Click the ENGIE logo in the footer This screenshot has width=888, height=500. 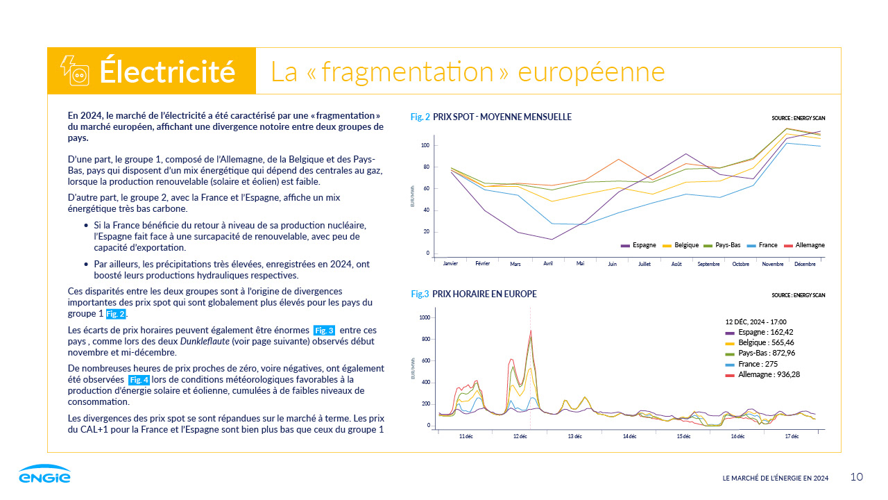coord(44,474)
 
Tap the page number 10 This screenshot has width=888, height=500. coord(857,476)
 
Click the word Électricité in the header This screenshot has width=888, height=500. coord(167,72)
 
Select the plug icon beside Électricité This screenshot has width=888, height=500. coord(75,72)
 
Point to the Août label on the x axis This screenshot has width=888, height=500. coord(676,265)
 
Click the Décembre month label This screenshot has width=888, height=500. coord(805,265)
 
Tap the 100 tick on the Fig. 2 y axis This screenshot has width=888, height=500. coord(426,145)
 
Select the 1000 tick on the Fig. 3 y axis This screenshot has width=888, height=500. coord(425,317)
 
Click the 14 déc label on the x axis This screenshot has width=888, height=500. coord(629,436)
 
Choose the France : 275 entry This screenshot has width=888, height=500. coord(756,364)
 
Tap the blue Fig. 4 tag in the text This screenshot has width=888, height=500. coord(139,380)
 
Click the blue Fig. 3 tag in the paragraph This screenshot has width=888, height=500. coord(324,331)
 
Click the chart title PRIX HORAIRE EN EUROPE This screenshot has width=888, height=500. coord(484,294)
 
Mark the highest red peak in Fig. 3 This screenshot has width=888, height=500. coord(531,331)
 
